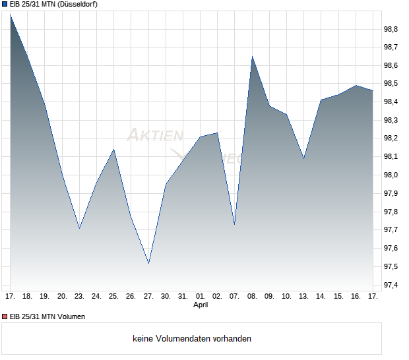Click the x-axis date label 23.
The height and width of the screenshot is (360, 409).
tap(79, 296)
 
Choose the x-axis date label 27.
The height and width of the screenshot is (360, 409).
tap(148, 296)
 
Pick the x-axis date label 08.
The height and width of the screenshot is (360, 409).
tap(252, 296)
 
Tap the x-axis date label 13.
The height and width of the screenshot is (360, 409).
tap(303, 296)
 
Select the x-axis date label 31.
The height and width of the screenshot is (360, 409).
tap(183, 296)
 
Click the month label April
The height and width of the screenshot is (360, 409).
tap(201, 305)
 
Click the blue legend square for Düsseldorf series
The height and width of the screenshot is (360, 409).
tap(5, 5)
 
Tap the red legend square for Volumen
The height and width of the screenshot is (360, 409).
tap(5, 316)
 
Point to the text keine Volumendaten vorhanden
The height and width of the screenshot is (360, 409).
tap(192, 339)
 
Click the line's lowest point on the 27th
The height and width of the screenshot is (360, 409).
tap(148, 263)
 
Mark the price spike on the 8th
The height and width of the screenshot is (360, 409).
tap(252, 57)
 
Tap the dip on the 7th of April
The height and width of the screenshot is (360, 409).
tap(234, 224)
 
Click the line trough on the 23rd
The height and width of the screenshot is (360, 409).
tap(79, 228)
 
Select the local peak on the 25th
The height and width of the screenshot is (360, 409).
tap(114, 149)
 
